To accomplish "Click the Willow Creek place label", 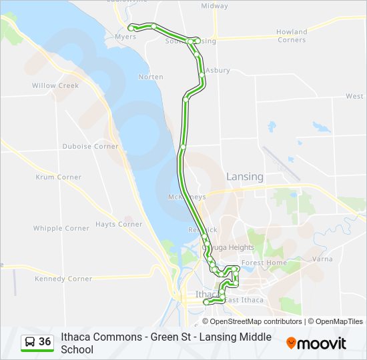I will point(55,85).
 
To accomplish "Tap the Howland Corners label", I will point(292,35).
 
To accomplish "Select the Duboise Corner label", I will point(90,146).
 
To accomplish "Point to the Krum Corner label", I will point(59,177).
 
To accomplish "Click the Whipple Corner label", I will point(61,228).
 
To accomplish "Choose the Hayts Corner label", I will point(119,224).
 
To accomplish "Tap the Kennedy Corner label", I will point(63,279).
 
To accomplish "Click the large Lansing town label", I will point(245,177).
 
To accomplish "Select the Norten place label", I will point(150,77).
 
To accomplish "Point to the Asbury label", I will point(218,70).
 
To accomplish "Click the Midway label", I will point(214,5).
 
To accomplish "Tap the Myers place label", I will point(125,37).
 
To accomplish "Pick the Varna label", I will point(322,259).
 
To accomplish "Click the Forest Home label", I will point(264,263).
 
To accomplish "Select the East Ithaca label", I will point(244,300).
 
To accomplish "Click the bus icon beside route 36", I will point(30,342).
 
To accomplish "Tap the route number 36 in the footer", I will point(45,342).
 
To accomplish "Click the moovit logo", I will point(316,343).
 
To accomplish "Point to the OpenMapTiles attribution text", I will point(340,321).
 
